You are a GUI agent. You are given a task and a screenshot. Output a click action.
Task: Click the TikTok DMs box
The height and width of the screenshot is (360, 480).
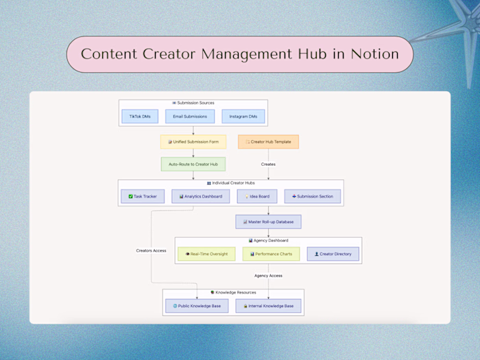tap(140, 117)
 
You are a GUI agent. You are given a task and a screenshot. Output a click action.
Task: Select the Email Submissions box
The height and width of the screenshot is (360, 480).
tap(190, 117)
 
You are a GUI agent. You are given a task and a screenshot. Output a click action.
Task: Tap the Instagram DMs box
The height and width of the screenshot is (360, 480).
tap(243, 117)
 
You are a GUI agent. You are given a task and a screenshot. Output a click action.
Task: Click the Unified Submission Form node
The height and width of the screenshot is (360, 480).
tap(193, 142)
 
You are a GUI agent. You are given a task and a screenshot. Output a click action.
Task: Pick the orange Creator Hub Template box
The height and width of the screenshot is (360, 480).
tap(268, 142)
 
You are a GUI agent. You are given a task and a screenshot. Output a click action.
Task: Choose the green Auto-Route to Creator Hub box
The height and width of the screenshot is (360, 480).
tap(193, 165)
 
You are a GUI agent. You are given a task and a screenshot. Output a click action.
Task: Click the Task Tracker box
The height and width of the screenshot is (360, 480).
tap(142, 197)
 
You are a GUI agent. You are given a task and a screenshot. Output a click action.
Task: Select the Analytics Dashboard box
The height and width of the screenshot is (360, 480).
tap(196, 197)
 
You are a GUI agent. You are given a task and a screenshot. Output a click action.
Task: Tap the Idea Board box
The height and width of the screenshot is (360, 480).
tap(257, 197)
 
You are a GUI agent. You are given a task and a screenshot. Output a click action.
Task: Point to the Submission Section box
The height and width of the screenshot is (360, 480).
tap(312, 197)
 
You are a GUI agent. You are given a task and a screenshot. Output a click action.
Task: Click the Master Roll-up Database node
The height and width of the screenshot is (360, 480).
tap(268, 221)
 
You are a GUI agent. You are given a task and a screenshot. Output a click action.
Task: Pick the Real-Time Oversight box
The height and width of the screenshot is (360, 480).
tap(206, 254)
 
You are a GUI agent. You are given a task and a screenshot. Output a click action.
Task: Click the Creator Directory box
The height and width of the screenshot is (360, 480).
tap(333, 254)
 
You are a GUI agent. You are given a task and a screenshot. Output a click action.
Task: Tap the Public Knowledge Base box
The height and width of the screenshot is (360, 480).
tap(196, 306)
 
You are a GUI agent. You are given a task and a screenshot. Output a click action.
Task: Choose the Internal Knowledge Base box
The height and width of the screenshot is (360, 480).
tap(268, 306)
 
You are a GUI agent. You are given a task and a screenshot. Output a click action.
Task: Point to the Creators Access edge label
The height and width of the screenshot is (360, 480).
tap(151, 251)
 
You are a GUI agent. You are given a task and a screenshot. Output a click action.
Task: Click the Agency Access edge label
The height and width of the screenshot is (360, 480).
tap(268, 276)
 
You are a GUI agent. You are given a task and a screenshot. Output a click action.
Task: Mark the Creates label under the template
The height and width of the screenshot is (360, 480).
tap(268, 165)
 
